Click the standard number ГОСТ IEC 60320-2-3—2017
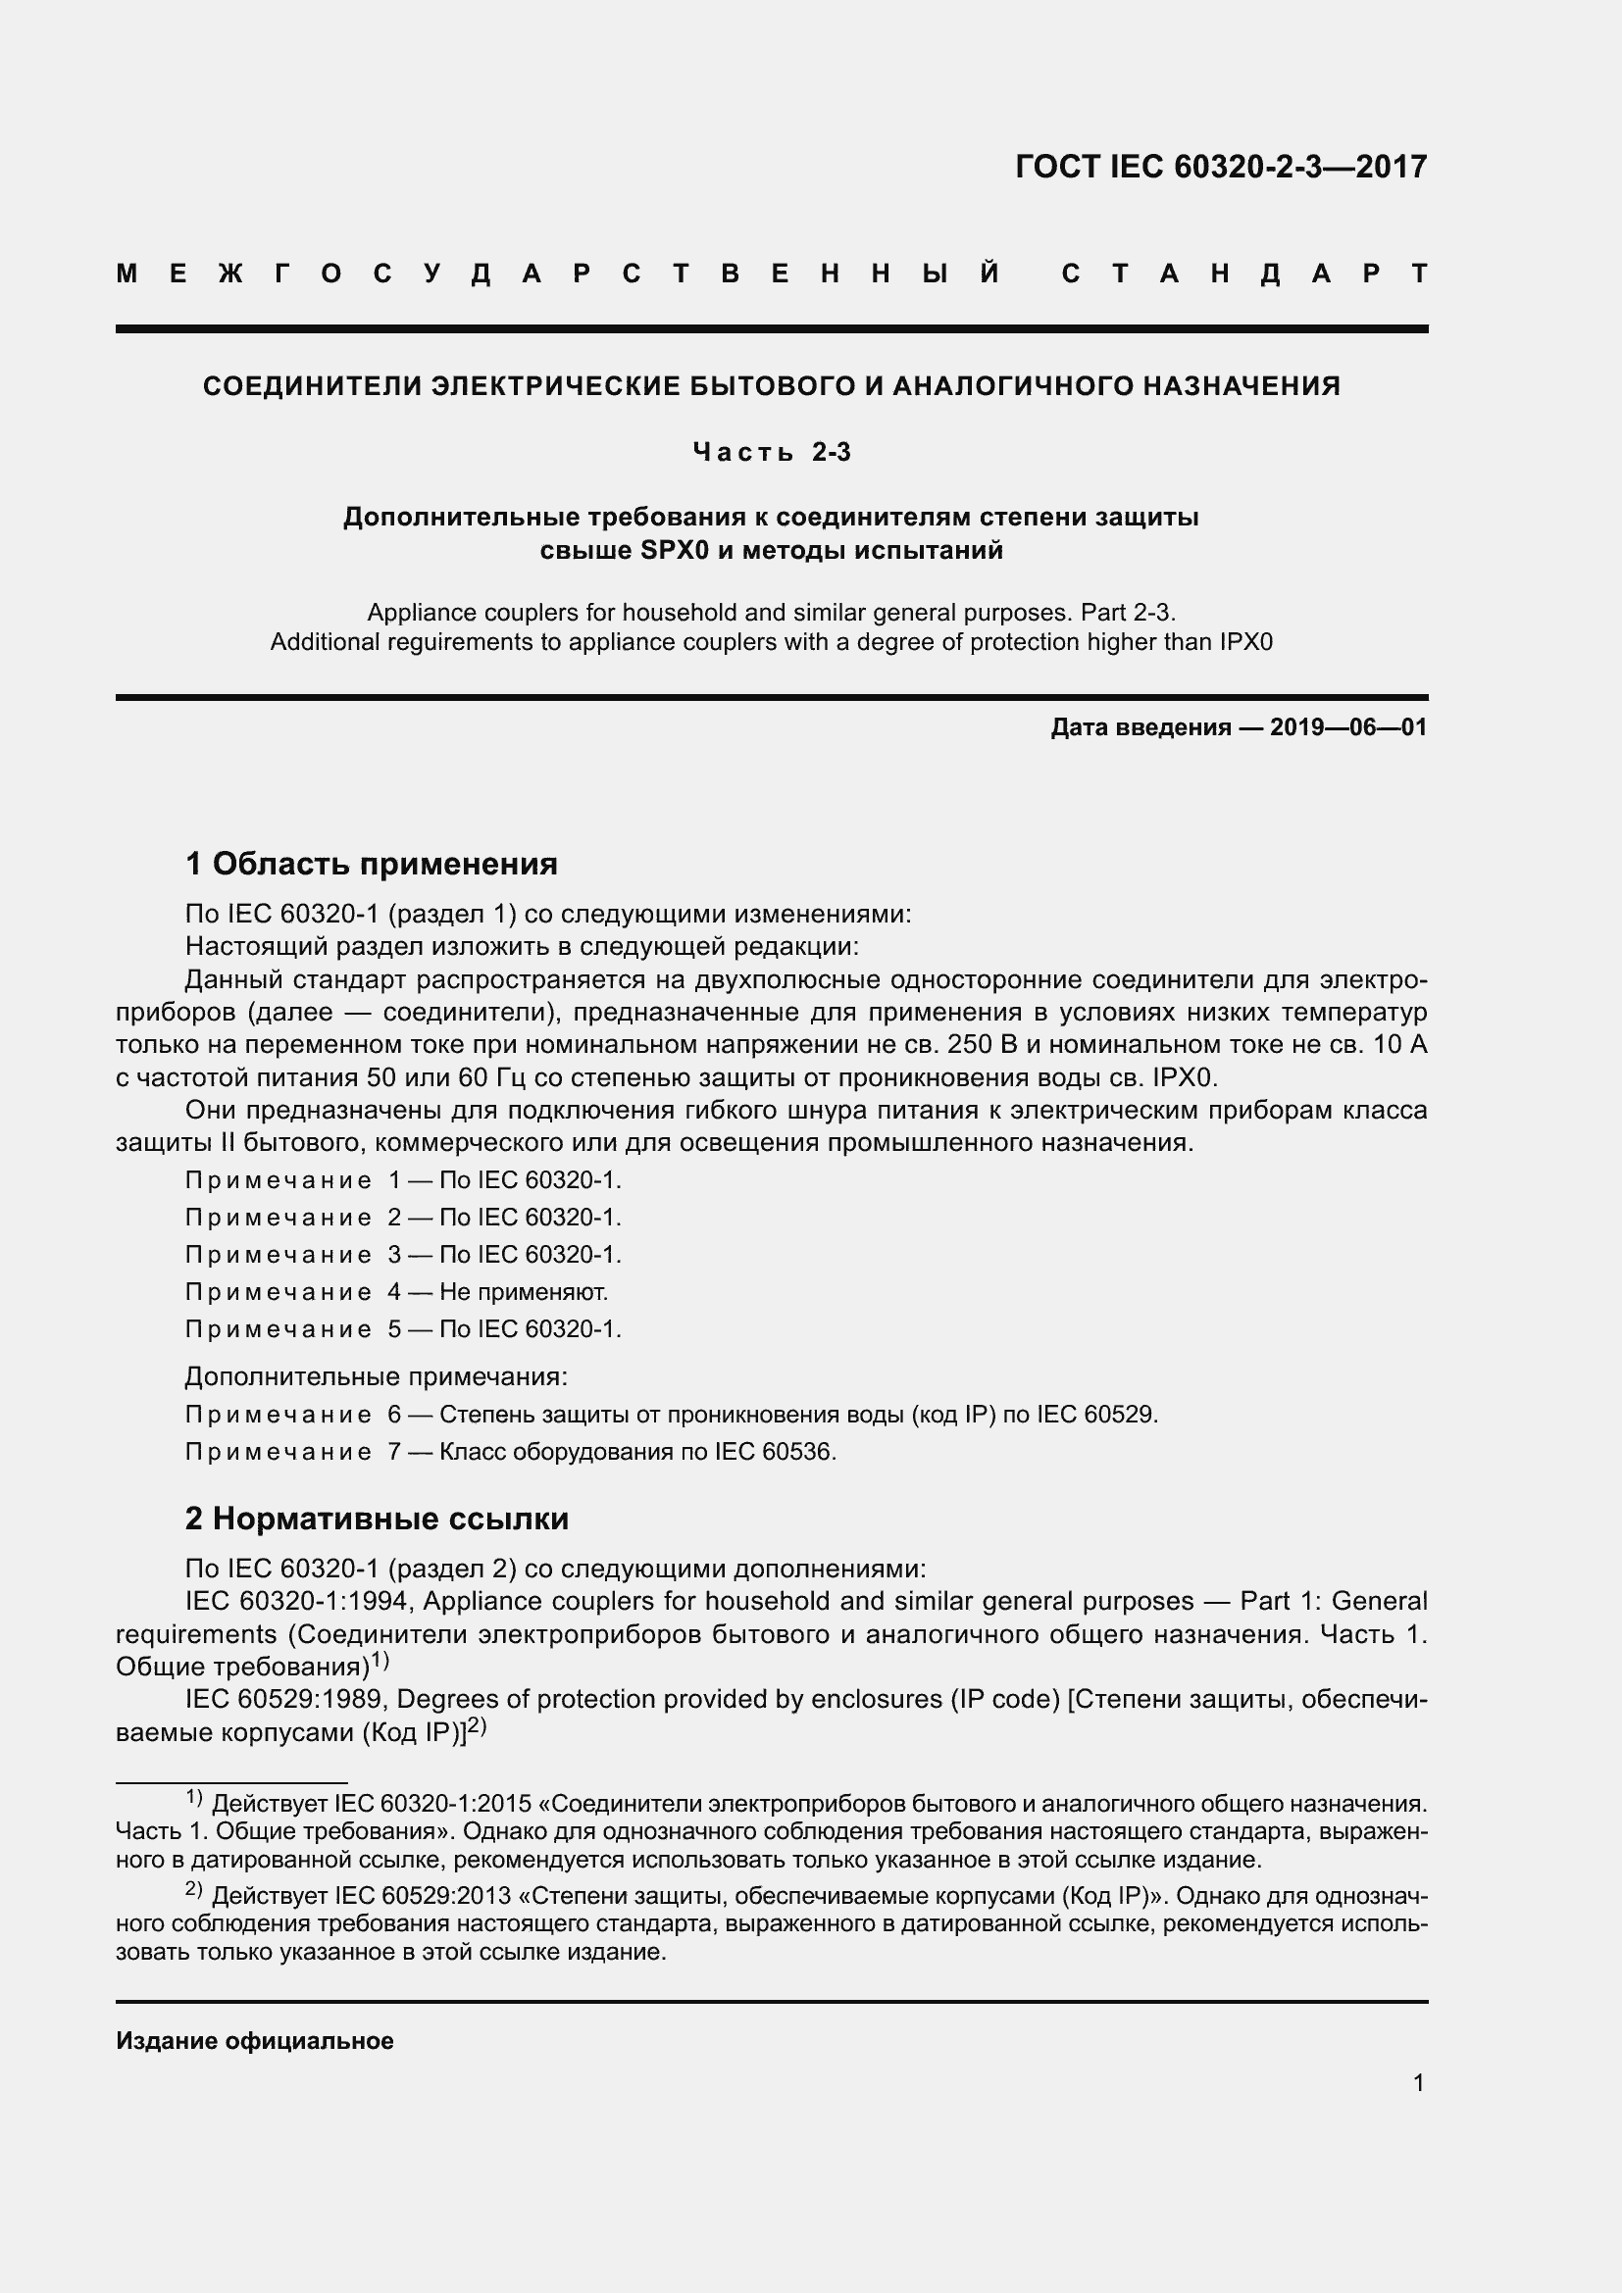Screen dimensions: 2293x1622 point(1221,166)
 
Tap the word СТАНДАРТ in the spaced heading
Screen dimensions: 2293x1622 point(1244,274)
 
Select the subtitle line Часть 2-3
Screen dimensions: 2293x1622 point(771,452)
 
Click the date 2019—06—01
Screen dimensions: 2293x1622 point(1348,727)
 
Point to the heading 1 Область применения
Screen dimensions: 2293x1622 point(372,863)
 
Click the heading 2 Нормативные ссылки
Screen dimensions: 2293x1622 point(377,1518)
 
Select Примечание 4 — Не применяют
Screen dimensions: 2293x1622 point(396,1291)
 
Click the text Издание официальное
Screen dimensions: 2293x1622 point(255,2040)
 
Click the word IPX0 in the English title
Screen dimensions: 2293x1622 point(1245,641)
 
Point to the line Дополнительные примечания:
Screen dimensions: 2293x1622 point(377,1376)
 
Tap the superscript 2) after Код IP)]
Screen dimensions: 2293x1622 point(477,1725)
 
